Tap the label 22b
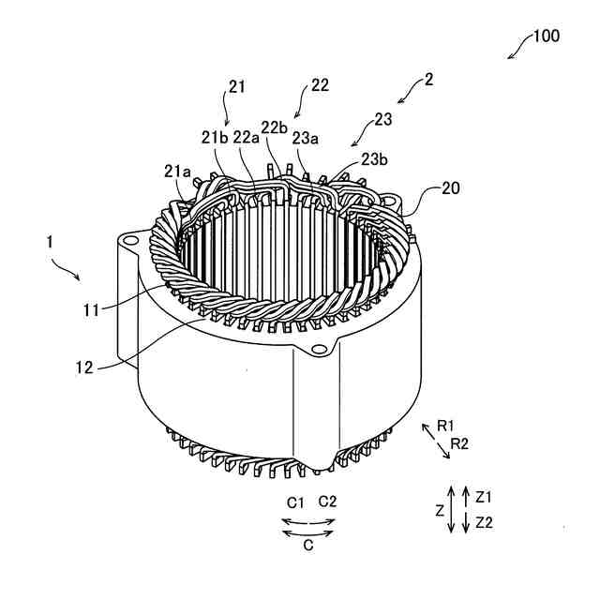(x=275, y=127)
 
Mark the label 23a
(x=306, y=137)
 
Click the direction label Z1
(x=484, y=495)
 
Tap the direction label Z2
(x=484, y=522)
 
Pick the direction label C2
(x=328, y=501)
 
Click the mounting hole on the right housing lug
(x=322, y=350)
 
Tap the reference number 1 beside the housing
(x=49, y=242)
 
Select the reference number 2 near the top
(x=428, y=81)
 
